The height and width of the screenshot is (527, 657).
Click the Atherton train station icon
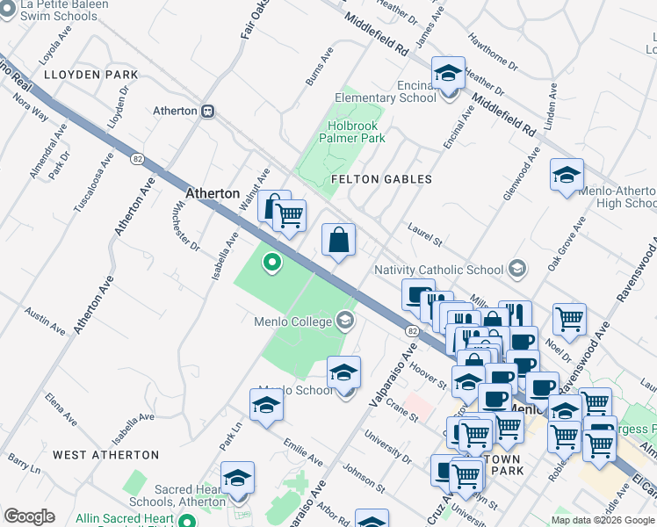pyautogui.click(x=208, y=112)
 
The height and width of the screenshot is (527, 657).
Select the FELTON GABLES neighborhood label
pyautogui.click(x=381, y=179)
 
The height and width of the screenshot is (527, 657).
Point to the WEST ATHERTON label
pyautogui.click(x=105, y=455)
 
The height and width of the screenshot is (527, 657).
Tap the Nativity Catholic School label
pyautogui.click(x=438, y=270)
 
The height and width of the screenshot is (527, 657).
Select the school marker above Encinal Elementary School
pyautogui.click(x=448, y=73)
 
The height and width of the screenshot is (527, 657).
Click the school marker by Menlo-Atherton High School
pyautogui.click(x=567, y=175)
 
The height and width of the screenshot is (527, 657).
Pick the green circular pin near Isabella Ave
pyautogui.click(x=272, y=260)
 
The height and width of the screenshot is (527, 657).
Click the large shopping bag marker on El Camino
pyautogui.click(x=339, y=240)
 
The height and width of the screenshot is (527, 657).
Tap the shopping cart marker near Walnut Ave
pyautogui.click(x=289, y=214)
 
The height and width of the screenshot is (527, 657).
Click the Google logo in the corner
pyautogui.click(x=29, y=516)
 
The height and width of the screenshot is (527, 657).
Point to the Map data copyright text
pyautogui.click(x=603, y=519)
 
